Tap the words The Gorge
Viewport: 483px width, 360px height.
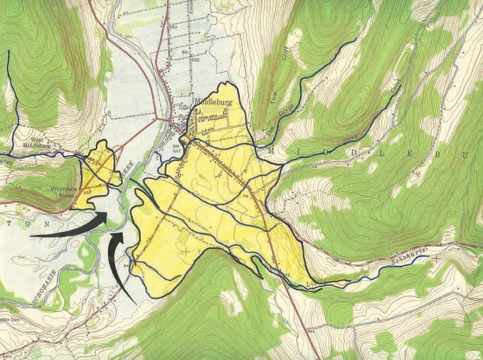pyautogui.click(x=283, y=120)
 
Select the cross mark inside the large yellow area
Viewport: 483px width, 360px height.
pyautogui.click(x=186, y=251)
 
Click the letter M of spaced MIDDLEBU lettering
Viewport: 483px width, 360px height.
pyautogui.click(x=272, y=150)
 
